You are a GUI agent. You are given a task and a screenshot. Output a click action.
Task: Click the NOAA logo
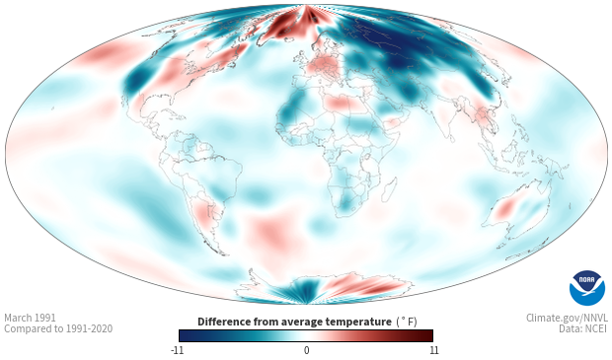587,288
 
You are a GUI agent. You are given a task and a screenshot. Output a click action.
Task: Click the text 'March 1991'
30,318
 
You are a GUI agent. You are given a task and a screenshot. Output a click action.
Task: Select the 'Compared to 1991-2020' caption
58,328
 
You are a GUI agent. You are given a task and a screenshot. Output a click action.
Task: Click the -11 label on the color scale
177,350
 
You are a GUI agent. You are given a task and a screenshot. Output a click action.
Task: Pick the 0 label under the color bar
306,350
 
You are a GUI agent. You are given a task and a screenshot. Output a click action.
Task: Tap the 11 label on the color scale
434,350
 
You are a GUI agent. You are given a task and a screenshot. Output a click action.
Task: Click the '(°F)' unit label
407,323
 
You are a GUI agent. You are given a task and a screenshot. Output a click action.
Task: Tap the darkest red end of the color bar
429,335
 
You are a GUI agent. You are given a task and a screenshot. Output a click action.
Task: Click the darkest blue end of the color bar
183,335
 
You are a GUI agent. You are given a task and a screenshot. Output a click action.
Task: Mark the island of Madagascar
389,188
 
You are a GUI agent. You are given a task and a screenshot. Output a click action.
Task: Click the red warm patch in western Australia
505,208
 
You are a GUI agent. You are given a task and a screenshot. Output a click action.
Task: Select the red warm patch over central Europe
324,67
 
